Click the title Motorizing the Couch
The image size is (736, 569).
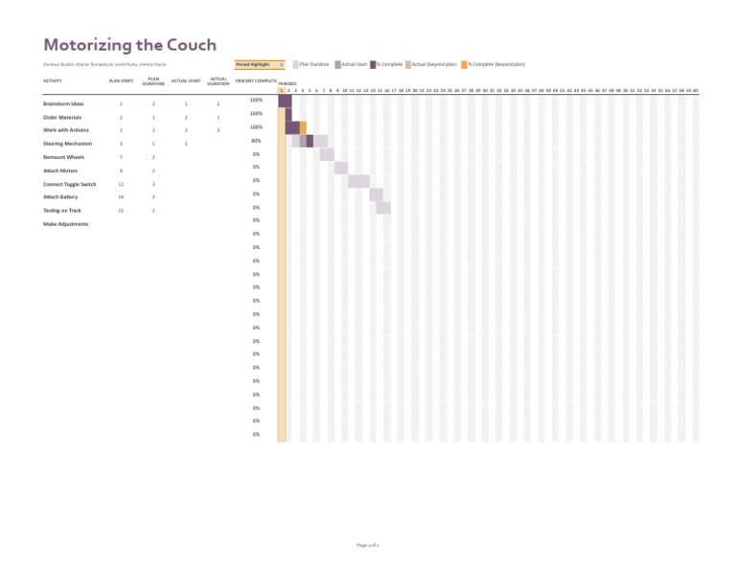pos(129,45)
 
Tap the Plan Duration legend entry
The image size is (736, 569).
pos(310,64)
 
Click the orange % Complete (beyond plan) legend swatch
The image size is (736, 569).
pos(465,64)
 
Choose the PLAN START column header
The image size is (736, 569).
pos(121,80)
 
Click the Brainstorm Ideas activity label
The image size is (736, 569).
pos(63,103)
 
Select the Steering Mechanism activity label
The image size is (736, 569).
pos(67,144)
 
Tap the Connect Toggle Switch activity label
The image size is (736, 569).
pos(69,184)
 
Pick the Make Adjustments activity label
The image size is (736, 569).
pos(65,224)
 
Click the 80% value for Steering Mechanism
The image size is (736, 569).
pos(256,141)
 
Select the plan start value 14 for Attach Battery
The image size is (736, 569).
pos(121,196)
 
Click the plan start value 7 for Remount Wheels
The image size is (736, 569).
pos(121,157)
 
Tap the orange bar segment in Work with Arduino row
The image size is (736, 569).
pos(303,127)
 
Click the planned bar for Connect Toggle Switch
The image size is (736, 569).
pos(358,181)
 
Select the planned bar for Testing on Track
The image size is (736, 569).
pos(383,208)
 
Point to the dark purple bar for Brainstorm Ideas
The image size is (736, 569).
pos(285,102)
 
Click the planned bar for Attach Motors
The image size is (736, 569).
pos(341,168)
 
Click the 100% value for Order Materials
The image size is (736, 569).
pos(256,114)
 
